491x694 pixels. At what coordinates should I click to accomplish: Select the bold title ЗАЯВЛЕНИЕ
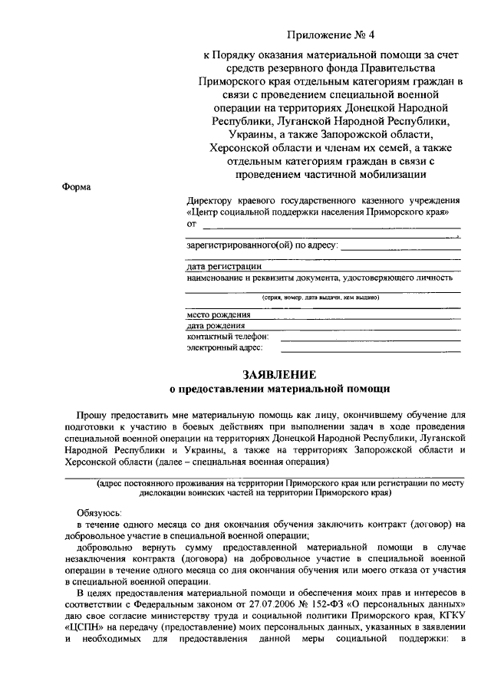click(279, 375)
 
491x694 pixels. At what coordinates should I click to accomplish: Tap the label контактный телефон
click(228, 336)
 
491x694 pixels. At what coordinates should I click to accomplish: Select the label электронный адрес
click(225, 347)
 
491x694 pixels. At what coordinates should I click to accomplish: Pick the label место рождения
click(219, 314)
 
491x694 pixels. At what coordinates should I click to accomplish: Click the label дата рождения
click(217, 325)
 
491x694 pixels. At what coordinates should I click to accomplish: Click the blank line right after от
click(330, 227)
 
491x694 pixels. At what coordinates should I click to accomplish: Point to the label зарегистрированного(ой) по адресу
click(261, 246)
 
